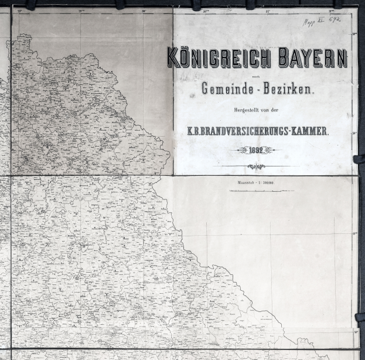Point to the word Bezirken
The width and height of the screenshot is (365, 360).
pos(288,90)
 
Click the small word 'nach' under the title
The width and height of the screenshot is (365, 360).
pos(257,76)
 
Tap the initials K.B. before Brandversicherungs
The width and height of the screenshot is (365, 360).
pos(194,131)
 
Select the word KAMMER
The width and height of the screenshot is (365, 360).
pos(310,131)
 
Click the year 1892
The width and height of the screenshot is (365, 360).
pos(256,150)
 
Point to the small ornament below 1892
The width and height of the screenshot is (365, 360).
pos(256,166)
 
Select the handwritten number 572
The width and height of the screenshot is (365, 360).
pos(335,20)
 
